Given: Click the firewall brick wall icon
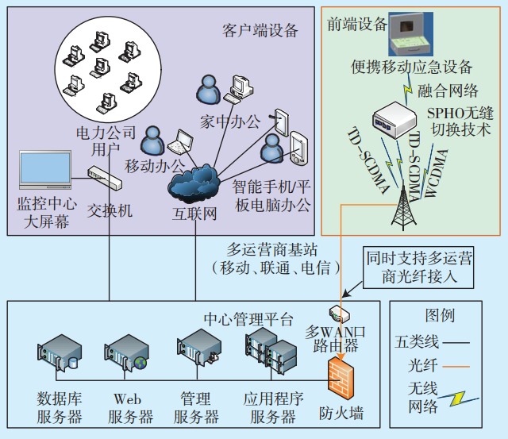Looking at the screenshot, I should click(342, 378).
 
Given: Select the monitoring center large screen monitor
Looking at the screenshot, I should click(44, 170).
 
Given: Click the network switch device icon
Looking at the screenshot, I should click(104, 179).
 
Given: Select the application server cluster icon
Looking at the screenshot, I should click(268, 354).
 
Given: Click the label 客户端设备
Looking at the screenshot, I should click(260, 31).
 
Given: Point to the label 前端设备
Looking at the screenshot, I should click(355, 25).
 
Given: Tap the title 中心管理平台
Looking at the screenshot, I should click(237, 320).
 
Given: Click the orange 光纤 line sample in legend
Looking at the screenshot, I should click(458, 368).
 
